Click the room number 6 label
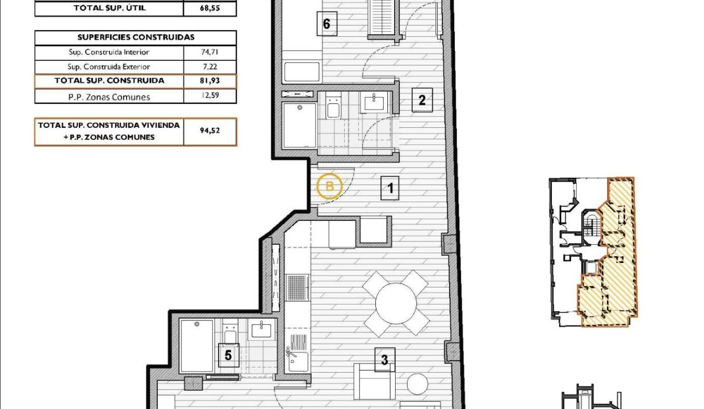click(327, 24)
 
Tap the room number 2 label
click(422, 100)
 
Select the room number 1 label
click(390, 188)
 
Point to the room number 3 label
click(385, 360)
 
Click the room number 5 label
click(228, 355)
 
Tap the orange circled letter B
click(329, 186)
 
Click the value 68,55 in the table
click(209, 8)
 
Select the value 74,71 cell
click(209, 52)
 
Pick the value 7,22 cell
click(209, 66)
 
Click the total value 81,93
click(209, 81)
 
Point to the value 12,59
click(209, 95)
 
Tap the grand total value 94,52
click(209, 131)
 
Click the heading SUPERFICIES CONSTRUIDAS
click(136, 37)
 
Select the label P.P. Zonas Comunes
click(109, 97)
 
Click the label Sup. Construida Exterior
click(109, 66)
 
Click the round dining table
click(396, 303)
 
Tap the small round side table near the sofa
click(417, 383)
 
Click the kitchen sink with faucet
click(297, 361)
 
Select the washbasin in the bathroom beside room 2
click(374, 102)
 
